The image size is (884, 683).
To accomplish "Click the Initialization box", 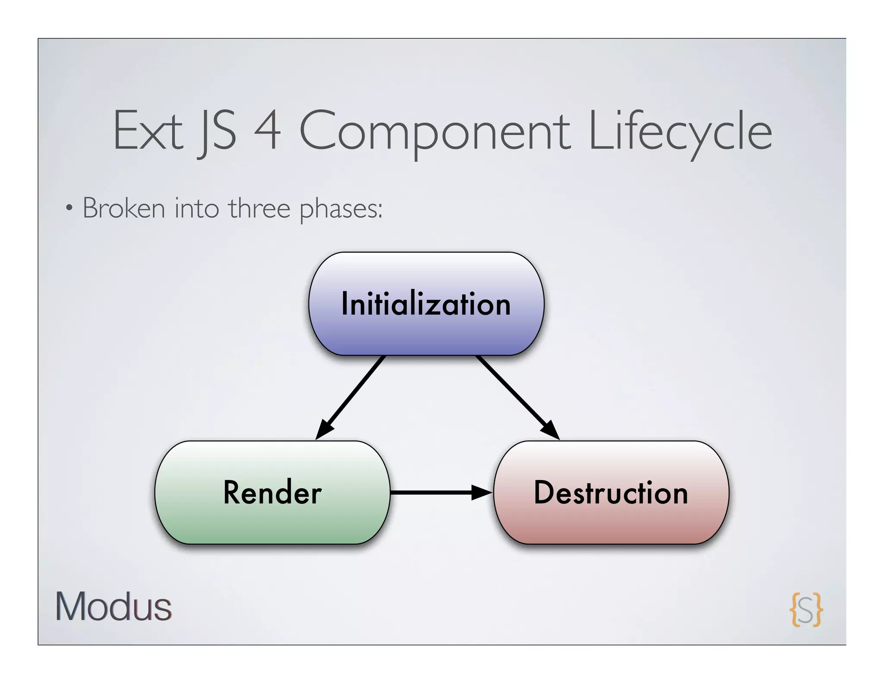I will (x=426, y=304).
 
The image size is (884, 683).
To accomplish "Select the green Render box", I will (x=272, y=492).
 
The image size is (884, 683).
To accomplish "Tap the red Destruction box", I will (x=611, y=492).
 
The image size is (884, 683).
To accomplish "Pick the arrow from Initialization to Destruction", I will (x=514, y=393).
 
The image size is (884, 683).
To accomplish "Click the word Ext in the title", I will (x=148, y=131).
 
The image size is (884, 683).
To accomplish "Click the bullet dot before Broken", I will (x=69, y=209).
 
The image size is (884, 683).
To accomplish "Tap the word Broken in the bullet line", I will (x=124, y=208).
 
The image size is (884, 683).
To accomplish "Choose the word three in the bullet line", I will (x=259, y=208).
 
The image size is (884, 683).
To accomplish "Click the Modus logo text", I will (x=114, y=607).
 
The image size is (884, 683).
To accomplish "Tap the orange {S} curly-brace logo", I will (x=806, y=609).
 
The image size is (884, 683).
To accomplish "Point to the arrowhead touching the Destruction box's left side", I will (x=482, y=492).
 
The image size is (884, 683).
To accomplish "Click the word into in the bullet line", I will (x=197, y=208).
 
